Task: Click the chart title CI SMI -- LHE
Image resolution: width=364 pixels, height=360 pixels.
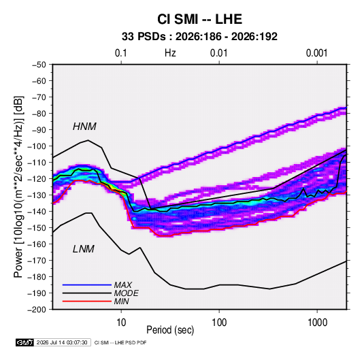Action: point(199,19)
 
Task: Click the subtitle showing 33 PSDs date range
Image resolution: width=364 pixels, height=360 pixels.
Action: point(199,37)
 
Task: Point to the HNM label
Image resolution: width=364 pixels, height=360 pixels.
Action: point(84,127)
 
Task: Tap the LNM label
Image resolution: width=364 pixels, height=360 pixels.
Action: point(84,249)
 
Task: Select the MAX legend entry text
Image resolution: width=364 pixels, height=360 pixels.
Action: point(122,284)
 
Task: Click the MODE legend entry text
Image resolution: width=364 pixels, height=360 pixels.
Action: point(127,293)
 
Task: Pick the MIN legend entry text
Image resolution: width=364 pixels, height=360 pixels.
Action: point(121,301)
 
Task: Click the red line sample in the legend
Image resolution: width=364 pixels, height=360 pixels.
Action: point(87,301)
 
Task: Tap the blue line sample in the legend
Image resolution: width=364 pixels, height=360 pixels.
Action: point(87,284)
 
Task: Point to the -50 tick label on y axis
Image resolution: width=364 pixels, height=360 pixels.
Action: point(39,65)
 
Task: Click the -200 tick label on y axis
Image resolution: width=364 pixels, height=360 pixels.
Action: point(37,310)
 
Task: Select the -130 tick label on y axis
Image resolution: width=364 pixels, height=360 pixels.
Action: point(37,195)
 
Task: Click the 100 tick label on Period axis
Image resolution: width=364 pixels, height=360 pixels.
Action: point(219,323)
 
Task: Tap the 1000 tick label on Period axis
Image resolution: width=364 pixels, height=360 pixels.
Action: point(317,323)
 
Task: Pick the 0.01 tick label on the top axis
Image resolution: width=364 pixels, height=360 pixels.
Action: point(218,53)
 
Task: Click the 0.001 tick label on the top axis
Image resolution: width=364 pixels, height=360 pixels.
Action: point(316,53)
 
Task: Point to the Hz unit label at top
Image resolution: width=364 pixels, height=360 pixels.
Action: point(170,53)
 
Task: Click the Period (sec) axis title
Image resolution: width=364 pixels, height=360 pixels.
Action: point(170,330)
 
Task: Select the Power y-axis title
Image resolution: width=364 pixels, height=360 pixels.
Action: point(18,186)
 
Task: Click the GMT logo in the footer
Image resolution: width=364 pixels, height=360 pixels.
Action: point(24,342)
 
